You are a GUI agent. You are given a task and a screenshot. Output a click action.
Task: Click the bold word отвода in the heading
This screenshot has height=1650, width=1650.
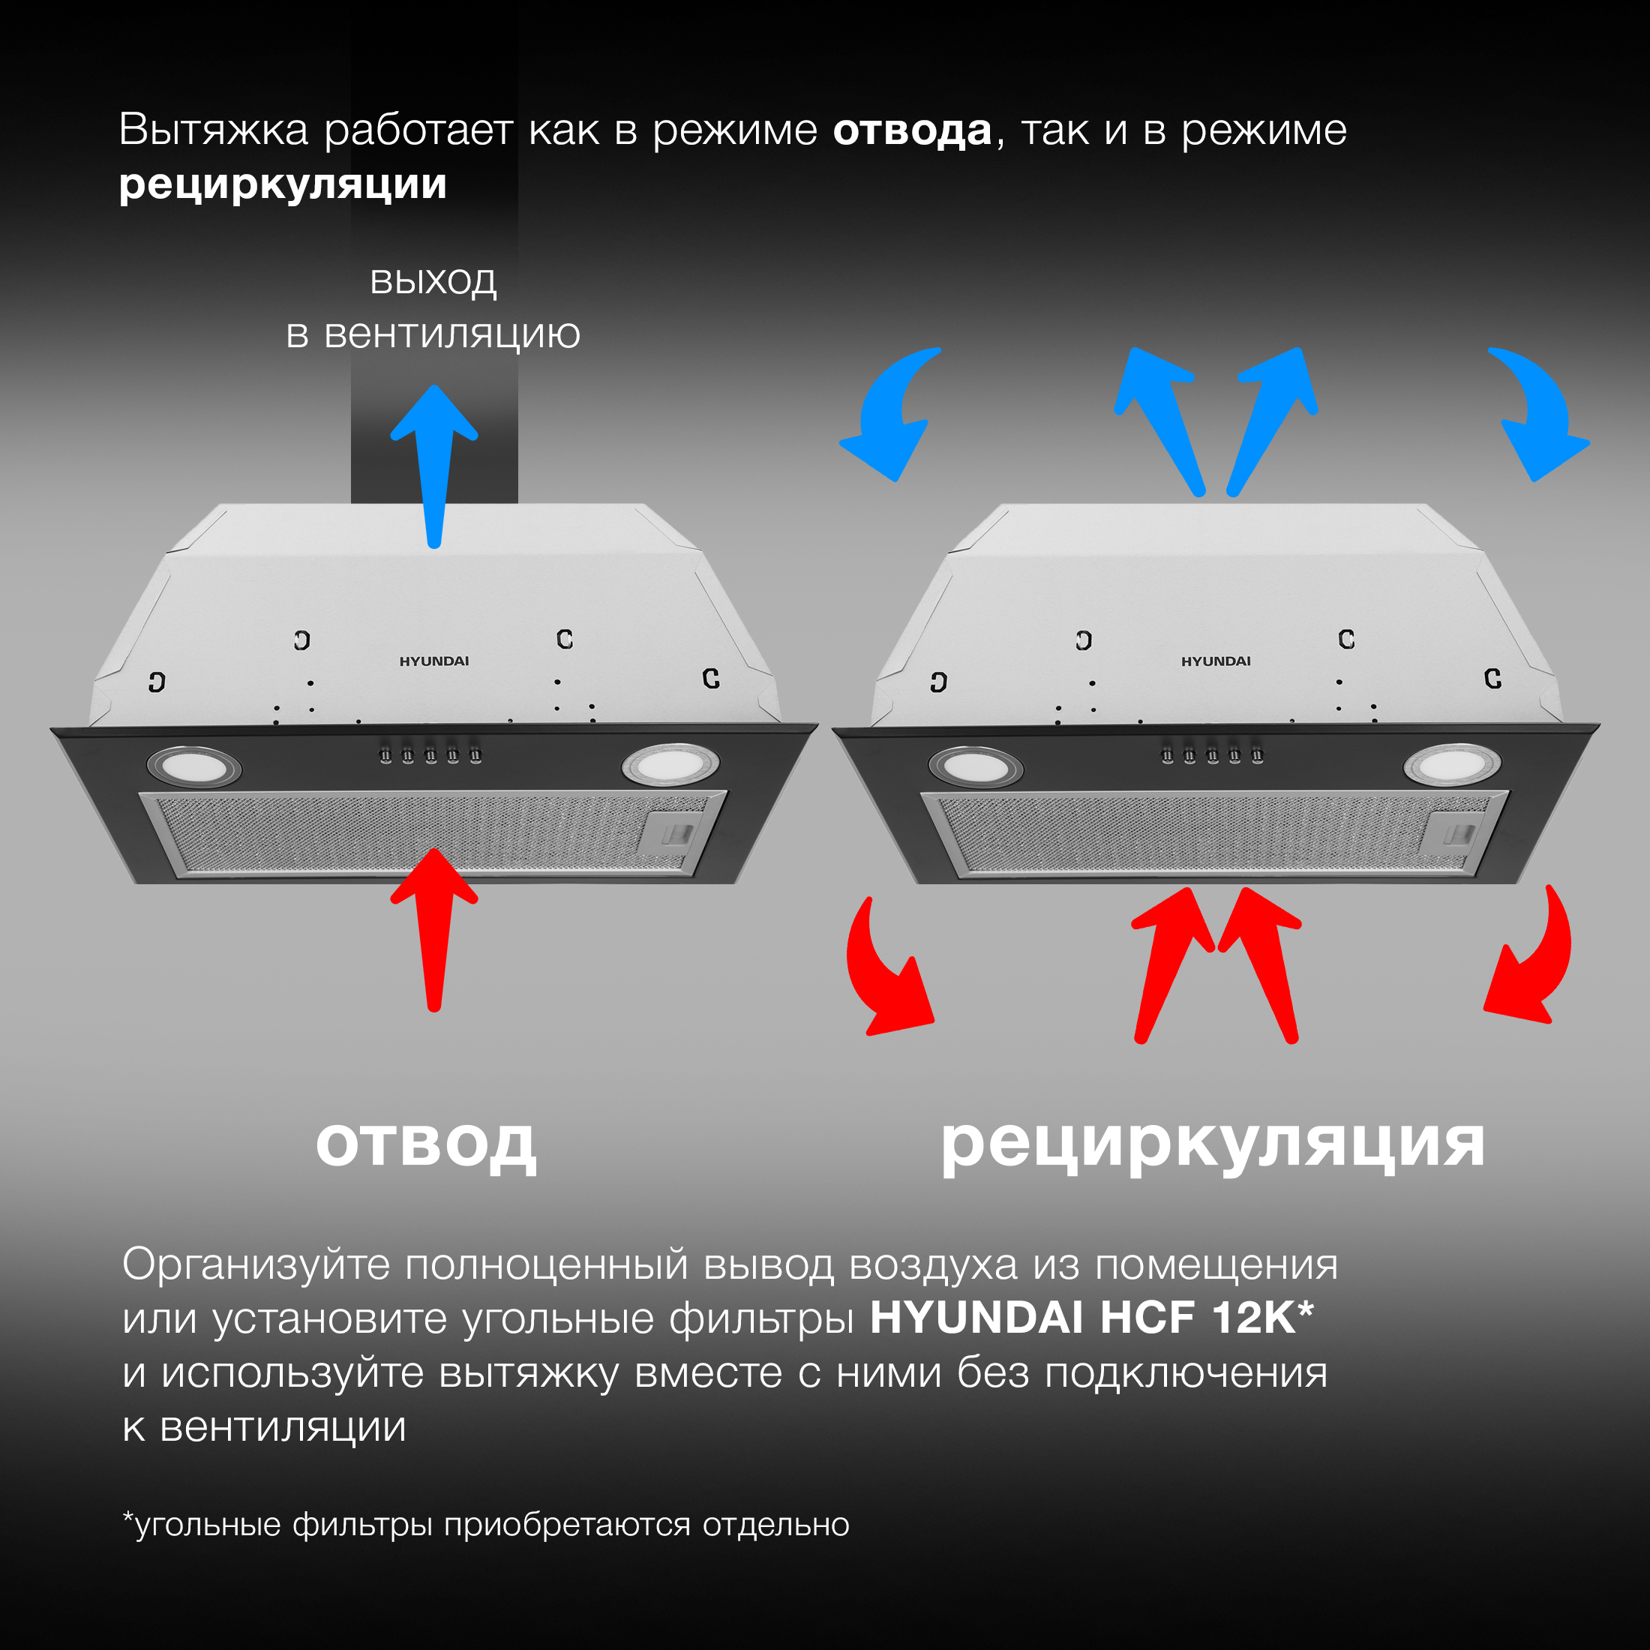pos(911,130)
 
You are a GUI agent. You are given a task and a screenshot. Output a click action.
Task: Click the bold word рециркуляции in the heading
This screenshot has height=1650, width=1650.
pos(283,185)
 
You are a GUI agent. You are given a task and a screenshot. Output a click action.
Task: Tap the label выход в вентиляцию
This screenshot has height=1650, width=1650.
pos(433,307)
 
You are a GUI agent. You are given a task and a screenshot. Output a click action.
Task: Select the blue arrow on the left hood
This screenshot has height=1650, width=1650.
pos(433,461)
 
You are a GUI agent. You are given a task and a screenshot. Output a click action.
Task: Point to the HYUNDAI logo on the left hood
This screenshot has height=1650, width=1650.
pos(433,661)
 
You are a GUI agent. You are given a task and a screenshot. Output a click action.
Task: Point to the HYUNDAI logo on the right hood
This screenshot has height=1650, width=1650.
pos(1215,661)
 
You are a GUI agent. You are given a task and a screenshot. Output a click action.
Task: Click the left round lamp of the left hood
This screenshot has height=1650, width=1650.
pos(193,766)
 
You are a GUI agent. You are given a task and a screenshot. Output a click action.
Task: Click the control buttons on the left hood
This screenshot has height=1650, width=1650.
pos(430,755)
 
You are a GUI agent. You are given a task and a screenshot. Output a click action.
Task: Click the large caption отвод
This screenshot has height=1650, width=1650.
pos(425,1144)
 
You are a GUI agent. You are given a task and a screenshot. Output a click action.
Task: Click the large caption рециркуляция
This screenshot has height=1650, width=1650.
pos(1213,1144)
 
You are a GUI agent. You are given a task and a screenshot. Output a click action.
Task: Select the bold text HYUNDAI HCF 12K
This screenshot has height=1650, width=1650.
pos(1090,1317)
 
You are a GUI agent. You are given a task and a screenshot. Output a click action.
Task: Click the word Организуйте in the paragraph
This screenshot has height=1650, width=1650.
pos(256,1264)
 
